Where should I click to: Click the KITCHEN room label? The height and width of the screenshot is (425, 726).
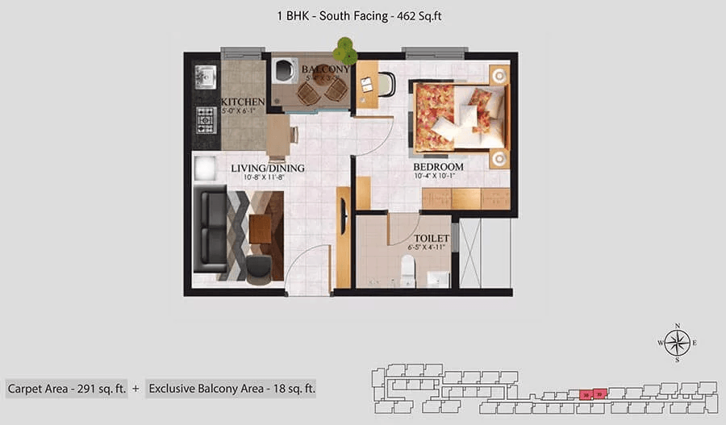coord(243,102)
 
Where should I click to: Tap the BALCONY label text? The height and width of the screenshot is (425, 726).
coord(325,69)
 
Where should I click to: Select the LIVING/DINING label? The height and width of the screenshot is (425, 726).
coord(267,168)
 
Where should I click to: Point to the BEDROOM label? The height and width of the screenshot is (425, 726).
coord(438,166)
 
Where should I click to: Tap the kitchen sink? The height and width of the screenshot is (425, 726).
coord(203,77)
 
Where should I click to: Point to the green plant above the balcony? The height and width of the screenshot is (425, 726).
coord(346,51)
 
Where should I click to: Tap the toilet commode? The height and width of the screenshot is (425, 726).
coord(407,270)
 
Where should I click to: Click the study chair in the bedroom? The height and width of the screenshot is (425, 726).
coord(386,84)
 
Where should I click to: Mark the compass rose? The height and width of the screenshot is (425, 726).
coord(677,342)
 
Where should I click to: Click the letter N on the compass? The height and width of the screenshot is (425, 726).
coord(677,326)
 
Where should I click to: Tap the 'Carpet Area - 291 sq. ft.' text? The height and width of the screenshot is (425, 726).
coord(67,389)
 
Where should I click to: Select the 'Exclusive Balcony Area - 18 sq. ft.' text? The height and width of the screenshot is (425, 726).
coord(232,389)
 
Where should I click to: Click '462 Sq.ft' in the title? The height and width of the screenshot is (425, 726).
coord(416,15)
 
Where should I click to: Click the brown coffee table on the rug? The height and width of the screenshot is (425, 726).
coord(260,228)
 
